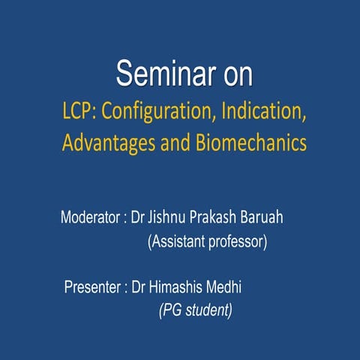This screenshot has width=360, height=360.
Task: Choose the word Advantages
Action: pos(111,142)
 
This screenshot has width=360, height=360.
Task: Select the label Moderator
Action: pos(89,219)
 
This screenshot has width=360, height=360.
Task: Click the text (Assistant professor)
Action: pos(208,241)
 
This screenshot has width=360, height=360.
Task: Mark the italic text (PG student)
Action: pos(195,309)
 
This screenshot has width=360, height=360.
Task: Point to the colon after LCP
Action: pos(95,112)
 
